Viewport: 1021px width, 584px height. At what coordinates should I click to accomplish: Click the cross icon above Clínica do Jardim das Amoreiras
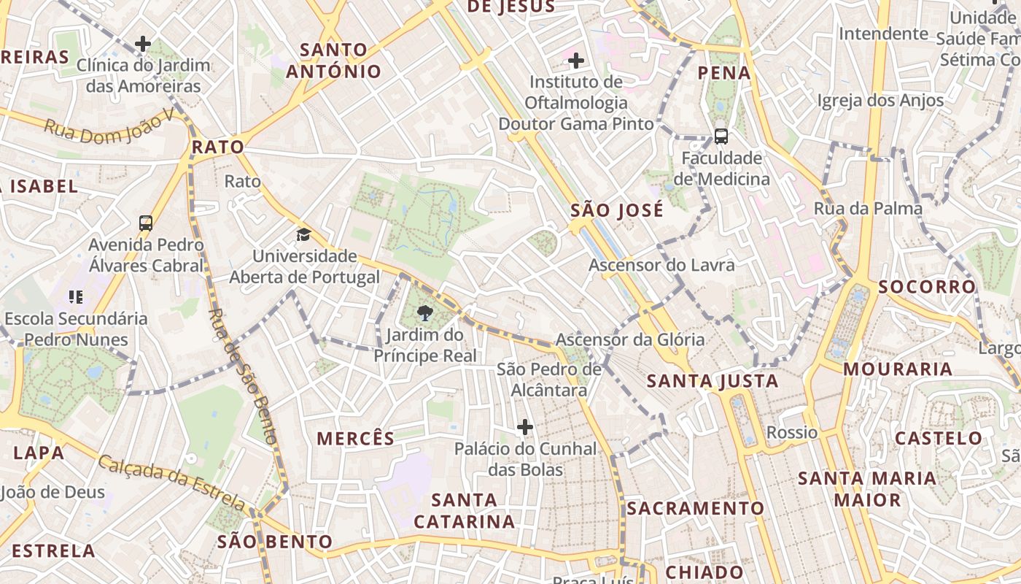(143, 44)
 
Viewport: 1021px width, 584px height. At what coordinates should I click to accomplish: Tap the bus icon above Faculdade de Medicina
(721, 137)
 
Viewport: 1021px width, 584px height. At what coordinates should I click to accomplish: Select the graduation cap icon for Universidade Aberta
(303, 234)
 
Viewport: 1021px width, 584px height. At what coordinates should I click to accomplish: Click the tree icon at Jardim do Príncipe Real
(424, 314)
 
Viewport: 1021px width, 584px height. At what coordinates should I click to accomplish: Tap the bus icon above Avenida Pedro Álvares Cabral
(146, 223)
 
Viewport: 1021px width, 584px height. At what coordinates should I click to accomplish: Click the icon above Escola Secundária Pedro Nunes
(75, 296)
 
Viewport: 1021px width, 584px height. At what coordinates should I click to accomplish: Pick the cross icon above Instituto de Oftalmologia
(576, 60)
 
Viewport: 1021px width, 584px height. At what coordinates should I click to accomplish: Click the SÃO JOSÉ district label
(617, 211)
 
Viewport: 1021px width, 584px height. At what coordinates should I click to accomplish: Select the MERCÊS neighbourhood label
(356, 439)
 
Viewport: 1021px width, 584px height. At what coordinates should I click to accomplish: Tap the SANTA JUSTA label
(713, 381)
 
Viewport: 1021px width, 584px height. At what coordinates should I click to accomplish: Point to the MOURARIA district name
(898, 369)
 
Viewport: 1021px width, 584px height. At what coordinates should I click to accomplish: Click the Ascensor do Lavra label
(661, 265)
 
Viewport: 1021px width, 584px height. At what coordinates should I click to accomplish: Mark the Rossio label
(792, 432)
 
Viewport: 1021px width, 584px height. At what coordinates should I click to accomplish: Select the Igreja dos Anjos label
(880, 101)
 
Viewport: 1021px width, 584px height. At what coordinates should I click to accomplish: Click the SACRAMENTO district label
(696, 509)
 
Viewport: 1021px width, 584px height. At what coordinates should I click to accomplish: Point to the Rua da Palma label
(868, 209)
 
